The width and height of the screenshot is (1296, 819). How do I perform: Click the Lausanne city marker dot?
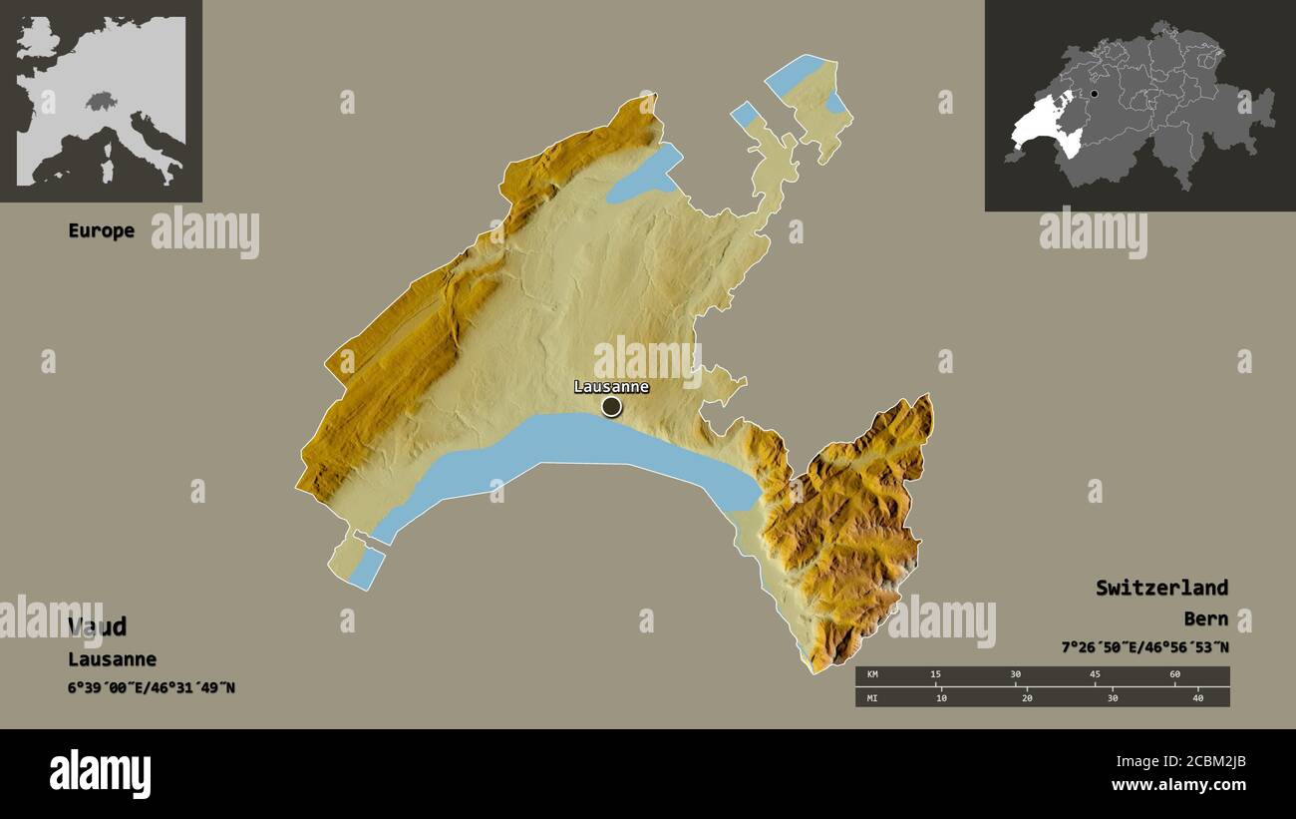pos(611,406)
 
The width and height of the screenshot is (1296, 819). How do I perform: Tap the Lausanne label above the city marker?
pos(611,387)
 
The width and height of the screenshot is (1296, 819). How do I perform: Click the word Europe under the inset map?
pos(101,230)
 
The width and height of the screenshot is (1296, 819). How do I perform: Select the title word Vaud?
pos(98,626)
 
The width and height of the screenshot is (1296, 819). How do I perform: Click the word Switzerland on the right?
pos(1161,588)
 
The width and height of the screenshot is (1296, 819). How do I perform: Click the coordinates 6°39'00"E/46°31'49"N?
pos(152,687)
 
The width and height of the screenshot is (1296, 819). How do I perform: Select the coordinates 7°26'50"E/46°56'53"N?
pos(1144,647)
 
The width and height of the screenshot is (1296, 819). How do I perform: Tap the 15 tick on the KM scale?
pos(935,675)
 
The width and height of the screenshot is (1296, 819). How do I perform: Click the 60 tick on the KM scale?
pos(1174,675)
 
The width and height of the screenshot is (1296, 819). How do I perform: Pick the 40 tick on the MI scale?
pos(1197,697)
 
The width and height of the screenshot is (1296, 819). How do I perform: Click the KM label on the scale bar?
pos(872,675)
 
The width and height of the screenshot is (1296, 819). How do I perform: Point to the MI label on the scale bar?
pos(872,697)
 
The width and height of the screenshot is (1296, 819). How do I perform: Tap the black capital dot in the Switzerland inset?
pos(1095,95)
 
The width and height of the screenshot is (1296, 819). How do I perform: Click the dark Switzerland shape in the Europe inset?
pos(101,101)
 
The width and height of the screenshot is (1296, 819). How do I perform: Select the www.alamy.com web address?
pos(1178,785)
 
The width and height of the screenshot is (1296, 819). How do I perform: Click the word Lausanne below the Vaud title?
pos(112,659)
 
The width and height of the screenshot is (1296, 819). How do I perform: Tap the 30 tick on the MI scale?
pos(1112,697)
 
